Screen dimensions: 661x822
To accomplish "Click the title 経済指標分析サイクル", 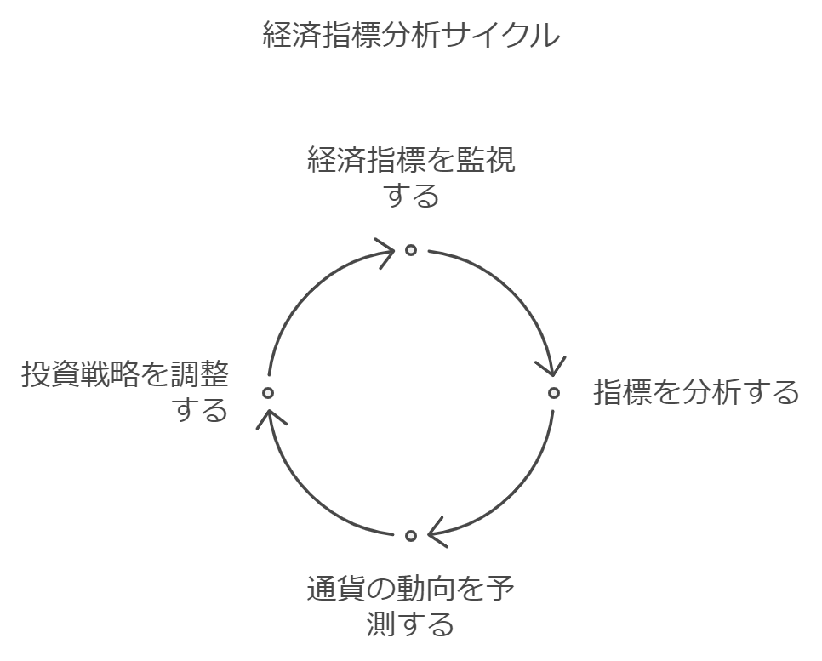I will coord(411,36).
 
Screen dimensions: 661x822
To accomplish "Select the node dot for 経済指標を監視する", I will coord(411,250).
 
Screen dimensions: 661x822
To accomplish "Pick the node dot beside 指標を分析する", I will coord(554,393).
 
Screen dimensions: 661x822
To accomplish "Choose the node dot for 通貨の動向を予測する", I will coord(411,536).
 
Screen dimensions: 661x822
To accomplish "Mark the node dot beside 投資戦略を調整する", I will coord(268,393).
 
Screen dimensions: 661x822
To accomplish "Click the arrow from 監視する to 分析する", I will coord(511,289).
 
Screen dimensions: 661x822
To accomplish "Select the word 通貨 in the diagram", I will coord(328,589).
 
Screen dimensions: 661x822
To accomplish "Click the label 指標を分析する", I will coord(696,393).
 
